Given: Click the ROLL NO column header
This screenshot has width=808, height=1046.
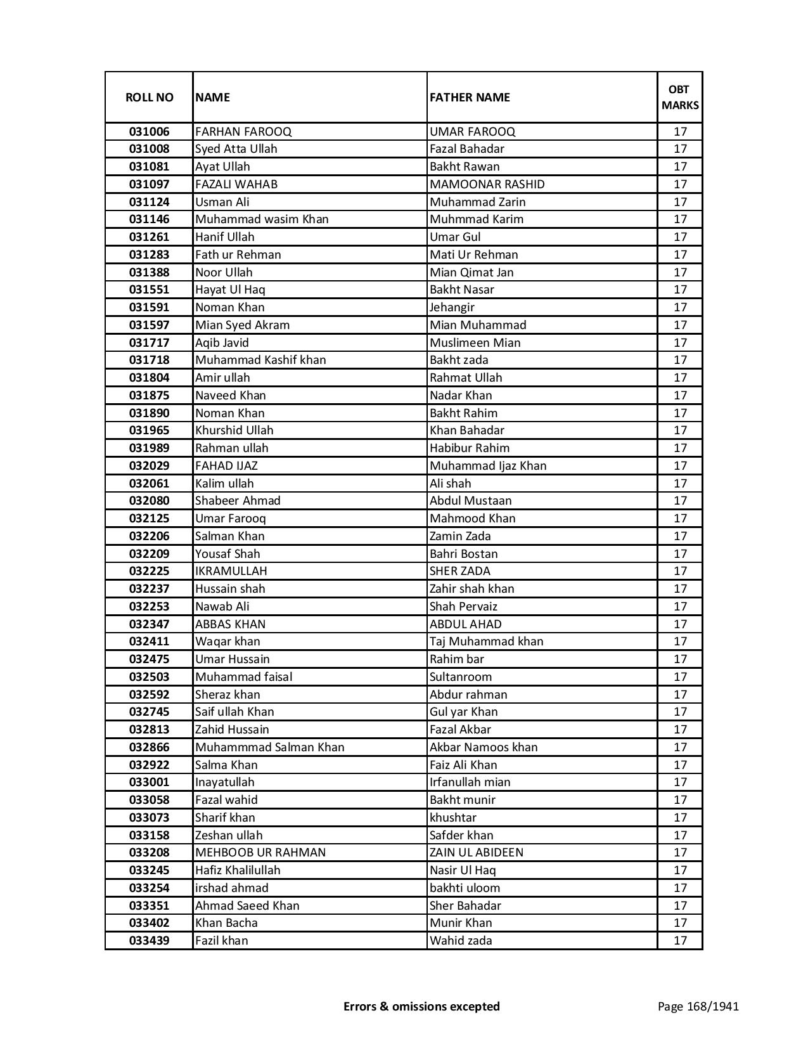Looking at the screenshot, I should coord(149,97).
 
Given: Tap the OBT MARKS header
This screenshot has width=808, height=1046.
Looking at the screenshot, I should coord(680,97).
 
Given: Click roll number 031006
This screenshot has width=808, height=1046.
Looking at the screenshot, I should coord(149,132).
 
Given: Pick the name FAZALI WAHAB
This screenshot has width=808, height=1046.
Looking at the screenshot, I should coord(236,184).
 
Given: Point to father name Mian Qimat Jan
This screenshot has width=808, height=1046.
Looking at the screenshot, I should coord(471,273).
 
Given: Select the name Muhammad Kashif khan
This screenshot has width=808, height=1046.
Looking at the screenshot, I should coord(260,360).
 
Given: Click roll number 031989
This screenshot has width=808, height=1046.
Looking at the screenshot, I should coord(149,448).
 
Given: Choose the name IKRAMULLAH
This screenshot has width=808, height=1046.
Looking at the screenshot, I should coord(231,571).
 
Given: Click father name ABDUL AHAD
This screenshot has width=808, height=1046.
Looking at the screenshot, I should coord(466,624).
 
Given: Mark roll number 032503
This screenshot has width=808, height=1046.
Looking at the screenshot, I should coord(149,677).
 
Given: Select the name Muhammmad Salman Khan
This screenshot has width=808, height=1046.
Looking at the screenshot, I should coord(270,747).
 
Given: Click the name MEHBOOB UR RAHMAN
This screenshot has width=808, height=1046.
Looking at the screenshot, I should coord(260,853).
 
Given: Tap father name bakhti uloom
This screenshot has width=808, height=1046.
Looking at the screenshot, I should coord(465,888).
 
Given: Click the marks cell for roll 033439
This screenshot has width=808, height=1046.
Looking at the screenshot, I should coord(680,941).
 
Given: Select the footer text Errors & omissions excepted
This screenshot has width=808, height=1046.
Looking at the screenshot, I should coord(421,1006).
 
